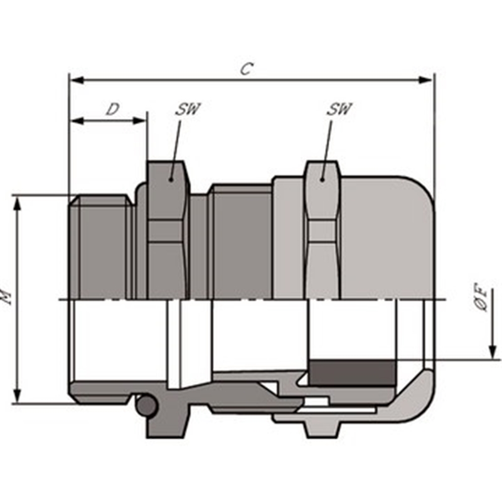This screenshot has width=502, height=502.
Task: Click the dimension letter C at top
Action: (247, 68)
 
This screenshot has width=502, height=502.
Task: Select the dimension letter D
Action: (113, 109)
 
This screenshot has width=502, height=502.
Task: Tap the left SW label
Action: (187, 109)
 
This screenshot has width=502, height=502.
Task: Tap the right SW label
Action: (339, 109)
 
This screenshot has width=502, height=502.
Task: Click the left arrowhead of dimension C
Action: (77, 80)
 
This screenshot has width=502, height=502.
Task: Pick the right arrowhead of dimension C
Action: (425, 80)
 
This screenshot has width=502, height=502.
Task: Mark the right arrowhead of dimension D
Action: (139, 120)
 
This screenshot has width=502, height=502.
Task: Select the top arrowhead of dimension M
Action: (18, 203)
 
